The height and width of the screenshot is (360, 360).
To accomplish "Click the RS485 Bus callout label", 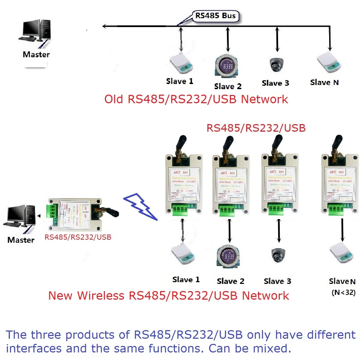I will pos(216,16).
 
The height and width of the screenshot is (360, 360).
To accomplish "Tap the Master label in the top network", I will pos(36,54).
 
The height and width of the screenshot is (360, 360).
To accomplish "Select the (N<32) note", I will pos(343,293).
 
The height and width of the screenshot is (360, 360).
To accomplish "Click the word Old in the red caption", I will pos(115,99).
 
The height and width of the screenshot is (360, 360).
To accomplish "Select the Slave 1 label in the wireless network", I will pos(185,280).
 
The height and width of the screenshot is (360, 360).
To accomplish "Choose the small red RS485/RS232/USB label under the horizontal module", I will pos(78,237).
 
